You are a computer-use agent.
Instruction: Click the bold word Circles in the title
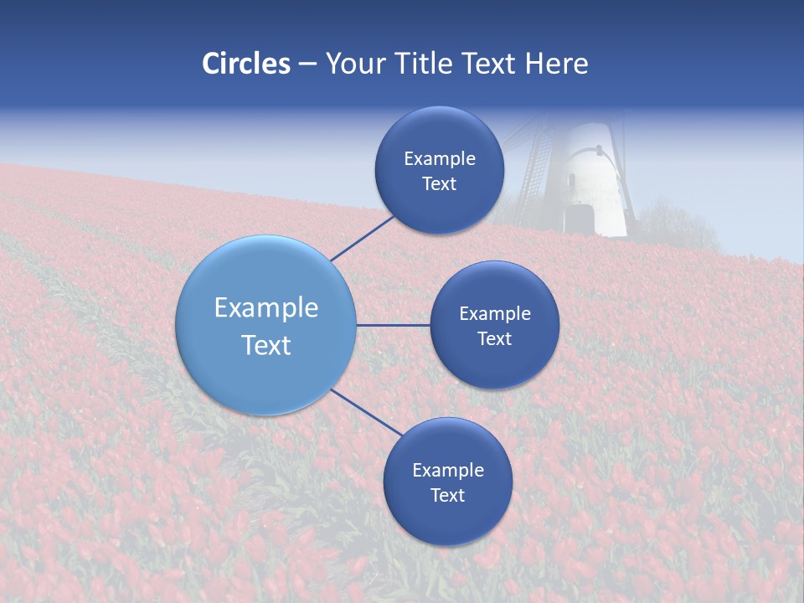246,64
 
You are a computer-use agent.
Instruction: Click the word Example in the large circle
266,308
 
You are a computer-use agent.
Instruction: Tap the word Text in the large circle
266,345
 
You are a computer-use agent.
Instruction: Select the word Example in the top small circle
440,159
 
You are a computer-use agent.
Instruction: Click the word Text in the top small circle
440,184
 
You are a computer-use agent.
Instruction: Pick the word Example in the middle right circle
495,314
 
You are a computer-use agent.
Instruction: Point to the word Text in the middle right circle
495,339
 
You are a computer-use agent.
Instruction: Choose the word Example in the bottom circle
448,471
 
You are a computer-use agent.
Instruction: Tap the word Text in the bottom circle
448,496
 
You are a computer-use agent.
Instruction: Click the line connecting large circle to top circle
363,238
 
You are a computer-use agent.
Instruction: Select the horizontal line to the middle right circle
393,325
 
